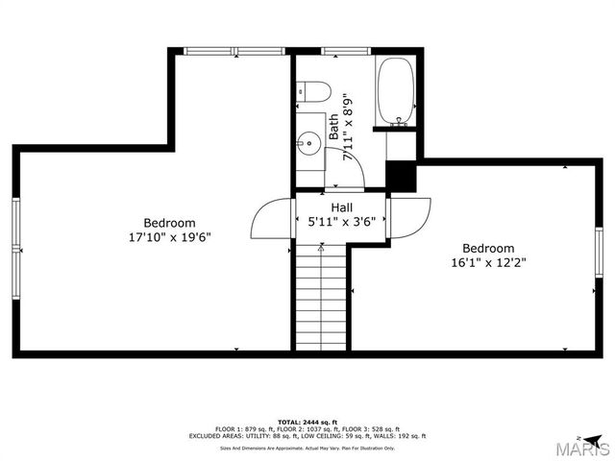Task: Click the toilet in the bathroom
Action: coord(314,92)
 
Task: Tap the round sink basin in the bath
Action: coord(308,144)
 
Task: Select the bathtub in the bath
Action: coord(395,92)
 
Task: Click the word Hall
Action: coord(341,207)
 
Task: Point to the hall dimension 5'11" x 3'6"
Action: coord(341,222)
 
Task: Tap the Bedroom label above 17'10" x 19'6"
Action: coord(170,222)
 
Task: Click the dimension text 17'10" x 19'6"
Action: coord(170,236)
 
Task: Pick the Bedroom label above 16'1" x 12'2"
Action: coord(488,248)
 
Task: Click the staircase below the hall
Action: coord(319,298)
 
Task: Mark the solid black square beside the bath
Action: coord(400,176)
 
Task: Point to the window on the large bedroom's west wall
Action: coord(15,247)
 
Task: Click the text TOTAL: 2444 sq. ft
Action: coord(307,422)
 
